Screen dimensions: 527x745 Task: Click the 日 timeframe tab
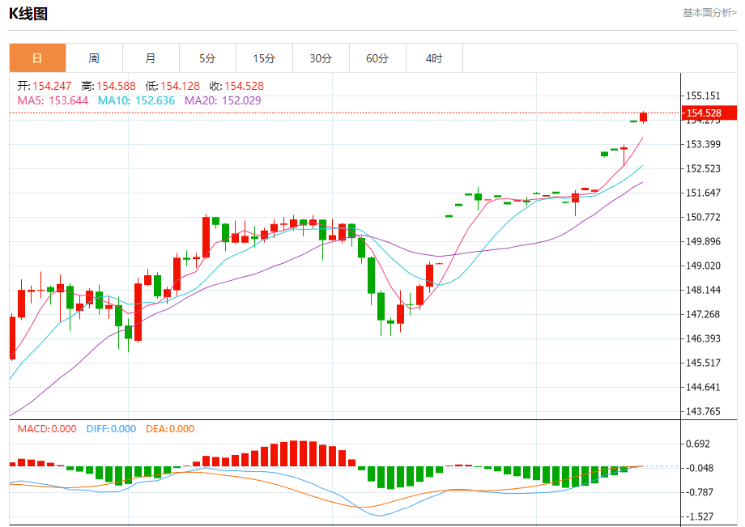(x=37, y=58)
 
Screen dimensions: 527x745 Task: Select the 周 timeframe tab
(x=94, y=58)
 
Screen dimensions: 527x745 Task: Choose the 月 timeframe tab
(x=151, y=58)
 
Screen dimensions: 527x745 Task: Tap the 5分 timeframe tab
(x=207, y=58)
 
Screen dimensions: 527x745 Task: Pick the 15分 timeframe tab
(x=264, y=58)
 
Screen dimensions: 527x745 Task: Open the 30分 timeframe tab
(x=321, y=58)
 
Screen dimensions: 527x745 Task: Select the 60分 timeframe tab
(x=377, y=58)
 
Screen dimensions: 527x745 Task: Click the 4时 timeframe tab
(x=434, y=58)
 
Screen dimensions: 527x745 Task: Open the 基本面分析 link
(x=709, y=12)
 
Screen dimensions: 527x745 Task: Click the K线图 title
(x=28, y=13)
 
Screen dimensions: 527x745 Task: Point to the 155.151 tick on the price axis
(x=703, y=96)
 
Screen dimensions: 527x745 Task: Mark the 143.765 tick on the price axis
(x=703, y=411)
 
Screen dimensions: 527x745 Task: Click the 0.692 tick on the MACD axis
(x=698, y=444)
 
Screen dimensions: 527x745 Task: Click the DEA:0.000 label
(x=170, y=429)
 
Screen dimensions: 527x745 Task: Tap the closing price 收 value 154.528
(x=244, y=86)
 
